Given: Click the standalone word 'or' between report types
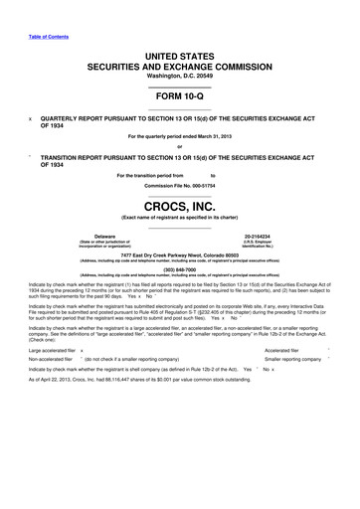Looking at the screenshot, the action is (x=180, y=148).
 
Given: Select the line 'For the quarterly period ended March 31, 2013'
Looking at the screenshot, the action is (x=180, y=136).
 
